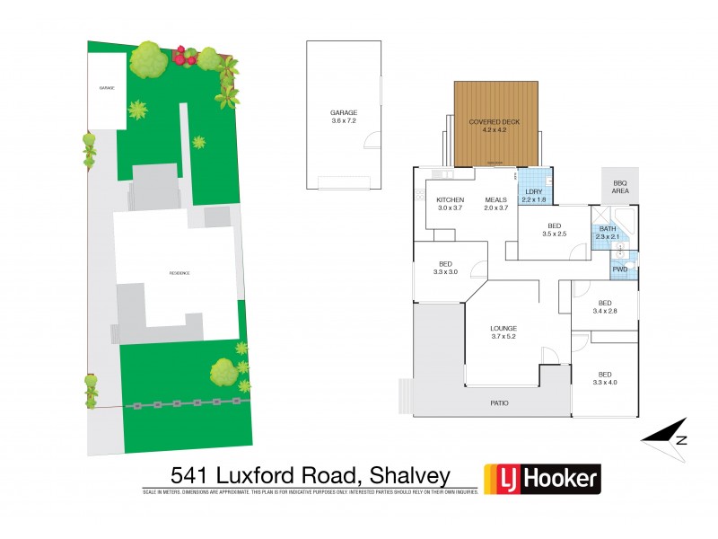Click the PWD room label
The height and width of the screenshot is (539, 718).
point(619,269)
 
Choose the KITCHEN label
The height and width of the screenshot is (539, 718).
point(450,199)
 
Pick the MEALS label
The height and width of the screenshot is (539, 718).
point(496,199)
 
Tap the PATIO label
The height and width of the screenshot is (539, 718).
point(499,402)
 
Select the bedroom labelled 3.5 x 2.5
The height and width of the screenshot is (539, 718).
point(554,229)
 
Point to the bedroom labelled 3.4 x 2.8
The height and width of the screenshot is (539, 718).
point(605,307)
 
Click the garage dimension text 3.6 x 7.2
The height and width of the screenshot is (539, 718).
point(344,120)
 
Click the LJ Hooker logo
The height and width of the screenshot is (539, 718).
point(542,478)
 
